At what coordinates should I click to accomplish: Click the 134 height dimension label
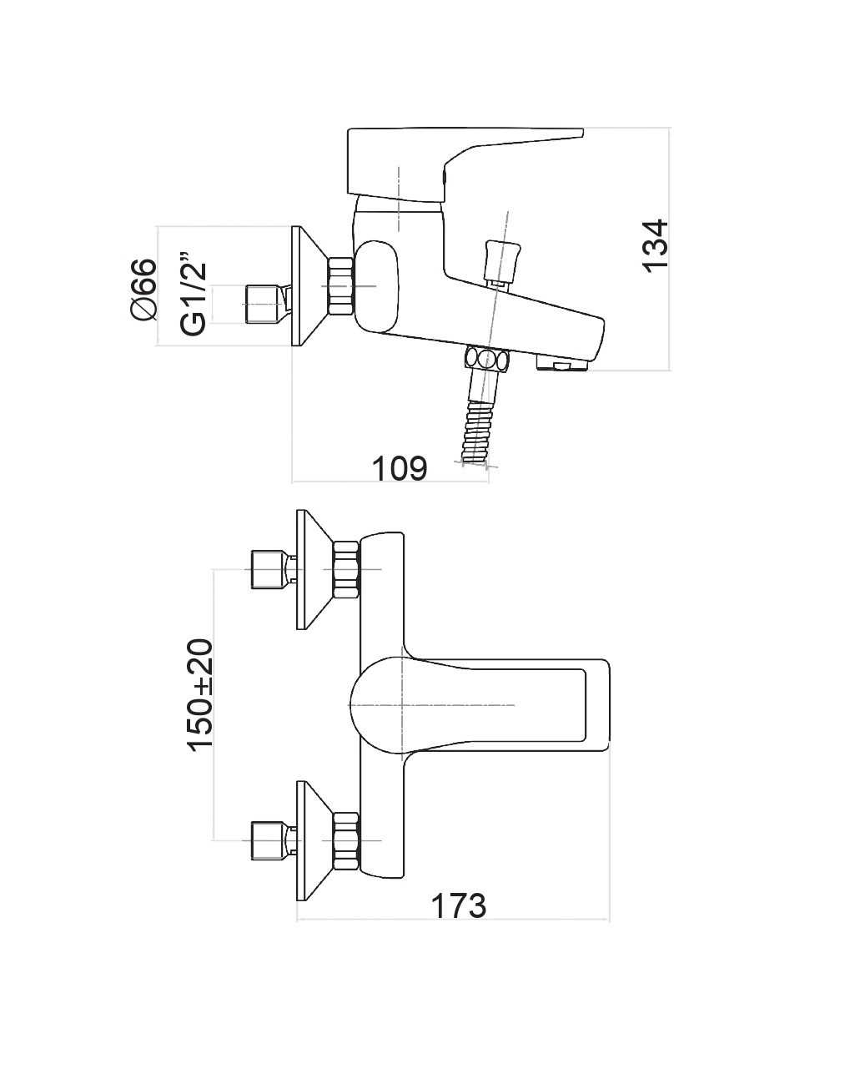[x=656, y=245]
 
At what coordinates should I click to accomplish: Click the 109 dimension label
[x=399, y=468]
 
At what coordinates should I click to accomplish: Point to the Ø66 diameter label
[x=143, y=289]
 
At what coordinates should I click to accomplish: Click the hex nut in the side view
[x=342, y=286]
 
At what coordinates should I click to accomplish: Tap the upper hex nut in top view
[x=346, y=570]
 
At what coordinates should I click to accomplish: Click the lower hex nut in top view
[x=346, y=840]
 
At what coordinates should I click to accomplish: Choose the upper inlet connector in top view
[x=269, y=570]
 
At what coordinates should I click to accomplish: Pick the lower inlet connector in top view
[x=269, y=840]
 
